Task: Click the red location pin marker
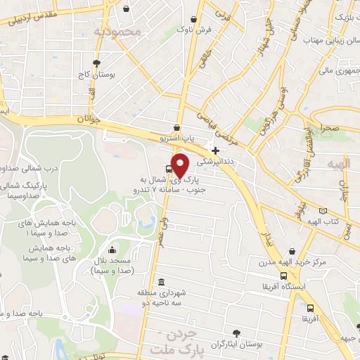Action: [x=181, y=166]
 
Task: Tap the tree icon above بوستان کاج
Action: [x=108, y=63]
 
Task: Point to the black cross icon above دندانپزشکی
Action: [x=215, y=150]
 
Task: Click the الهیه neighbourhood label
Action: [x=339, y=164]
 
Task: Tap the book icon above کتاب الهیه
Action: [x=322, y=210]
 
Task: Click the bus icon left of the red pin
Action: [x=169, y=169]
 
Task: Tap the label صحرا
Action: [x=330, y=129]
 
